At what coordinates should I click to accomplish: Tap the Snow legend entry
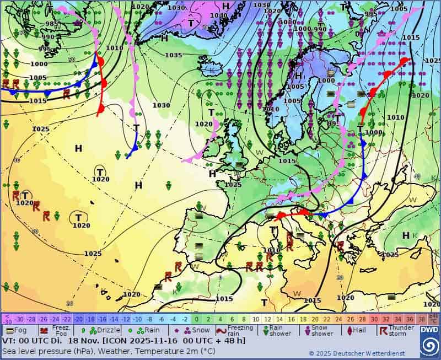[x=196, y=330]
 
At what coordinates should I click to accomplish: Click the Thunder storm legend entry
[x=399, y=330]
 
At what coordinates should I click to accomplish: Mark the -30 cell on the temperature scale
[x=19, y=319]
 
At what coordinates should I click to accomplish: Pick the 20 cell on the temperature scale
[x=315, y=319]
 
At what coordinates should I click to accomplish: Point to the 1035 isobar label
[x=173, y=55]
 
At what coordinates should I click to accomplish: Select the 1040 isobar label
[x=218, y=15]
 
